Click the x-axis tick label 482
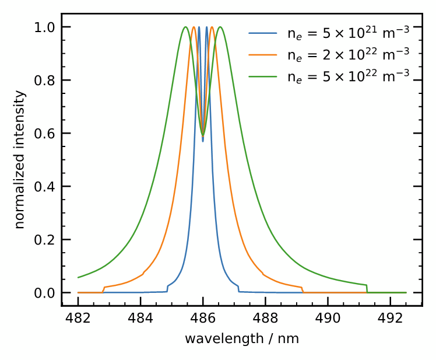pyautogui.click(x=78, y=319)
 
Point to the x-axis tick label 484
pyautogui.click(x=140, y=319)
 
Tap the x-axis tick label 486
pyautogui.click(x=203, y=319)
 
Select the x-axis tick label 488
pyautogui.click(x=265, y=319)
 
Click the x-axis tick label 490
pyautogui.click(x=328, y=319)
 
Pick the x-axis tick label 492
pyautogui.click(x=390, y=319)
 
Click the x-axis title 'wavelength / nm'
pyautogui.click(x=242, y=339)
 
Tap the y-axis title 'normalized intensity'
pyautogui.click(x=20, y=159)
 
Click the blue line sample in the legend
pyautogui.click(x=263, y=33)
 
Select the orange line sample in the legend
pyautogui.click(x=263, y=54)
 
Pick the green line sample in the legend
pyautogui.click(x=263, y=76)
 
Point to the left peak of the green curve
pyautogui.click(x=185, y=27)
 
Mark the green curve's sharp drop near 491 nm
pyautogui.click(x=367, y=288)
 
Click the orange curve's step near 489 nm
pyautogui.click(x=303, y=289)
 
